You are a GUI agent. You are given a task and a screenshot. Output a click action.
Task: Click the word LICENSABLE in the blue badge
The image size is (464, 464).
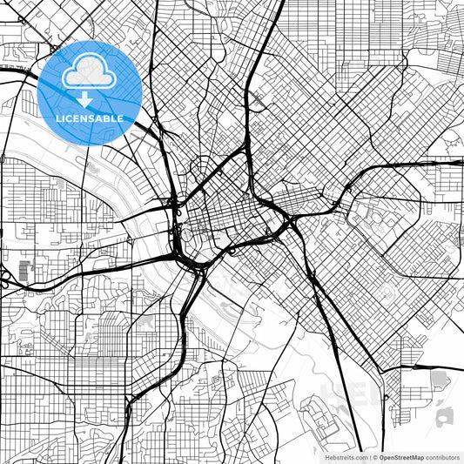tap(90, 118)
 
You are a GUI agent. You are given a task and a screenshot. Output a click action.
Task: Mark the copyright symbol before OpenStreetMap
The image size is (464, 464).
tap(373, 456)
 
